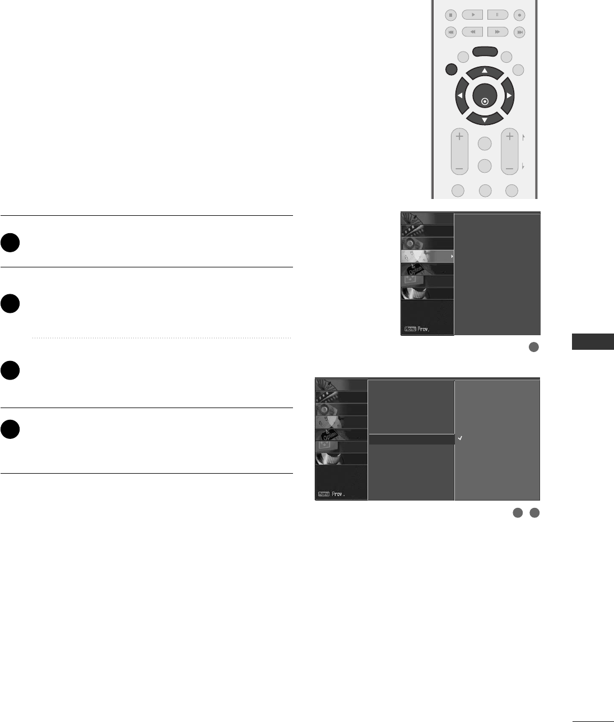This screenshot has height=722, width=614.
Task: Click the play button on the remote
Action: pos(473,15)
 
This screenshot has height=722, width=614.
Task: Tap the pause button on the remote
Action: pos(497,15)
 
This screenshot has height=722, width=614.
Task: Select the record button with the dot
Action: pos(520,15)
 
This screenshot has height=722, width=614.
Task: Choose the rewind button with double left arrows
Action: pos(473,32)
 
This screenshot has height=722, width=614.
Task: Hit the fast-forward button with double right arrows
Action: pos(497,32)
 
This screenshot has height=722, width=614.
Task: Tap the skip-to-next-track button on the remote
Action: pos(520,32)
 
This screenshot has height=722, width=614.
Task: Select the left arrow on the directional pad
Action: pos(460,96)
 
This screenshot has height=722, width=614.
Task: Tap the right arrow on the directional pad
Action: pos(509,96)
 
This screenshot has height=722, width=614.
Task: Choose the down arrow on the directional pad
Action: pos(485,119)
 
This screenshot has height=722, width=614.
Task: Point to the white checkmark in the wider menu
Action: pos(459,438)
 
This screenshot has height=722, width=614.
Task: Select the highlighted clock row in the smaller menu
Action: pos(427,256)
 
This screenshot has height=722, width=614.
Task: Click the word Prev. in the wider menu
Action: pos(338,494)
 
